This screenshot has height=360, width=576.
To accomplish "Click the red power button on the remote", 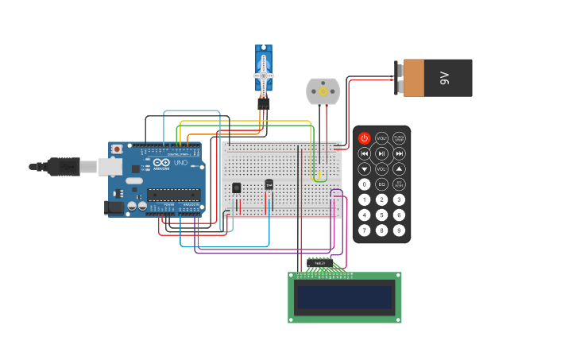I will tap(364, 138).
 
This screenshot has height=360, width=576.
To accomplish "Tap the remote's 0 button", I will tap(364, 184).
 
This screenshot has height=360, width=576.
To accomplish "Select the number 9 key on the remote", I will tap(399, 230).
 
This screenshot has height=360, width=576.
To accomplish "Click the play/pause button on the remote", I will tap(381, 153).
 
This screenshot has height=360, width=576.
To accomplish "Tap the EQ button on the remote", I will tap(381, 184).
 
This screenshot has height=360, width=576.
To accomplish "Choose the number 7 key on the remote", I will tap(364, 230).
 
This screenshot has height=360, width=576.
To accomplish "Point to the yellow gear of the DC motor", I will tap(323, 91).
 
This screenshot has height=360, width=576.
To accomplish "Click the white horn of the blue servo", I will tap(264, 76).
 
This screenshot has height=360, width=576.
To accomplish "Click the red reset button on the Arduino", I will tap(117, 149).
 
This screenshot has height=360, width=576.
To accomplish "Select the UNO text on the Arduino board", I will tap(180, 163).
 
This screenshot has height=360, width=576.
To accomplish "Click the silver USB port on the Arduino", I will tap(110, 167).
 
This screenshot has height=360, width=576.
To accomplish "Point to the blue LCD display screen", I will tap(344, 298).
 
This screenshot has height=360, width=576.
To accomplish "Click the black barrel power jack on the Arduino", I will tap(114, 207).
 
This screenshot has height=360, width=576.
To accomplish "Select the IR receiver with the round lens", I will tap(236, 188).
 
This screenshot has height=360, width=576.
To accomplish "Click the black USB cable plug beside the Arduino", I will tap(64, 166).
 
